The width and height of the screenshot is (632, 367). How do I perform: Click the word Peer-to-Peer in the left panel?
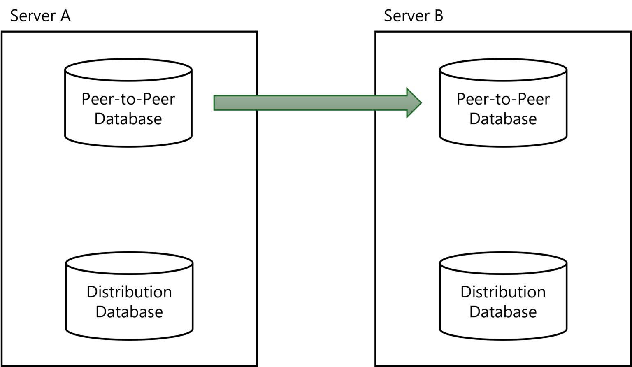click(128, 99)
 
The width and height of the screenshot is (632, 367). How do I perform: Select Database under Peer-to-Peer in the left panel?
click(128, 119)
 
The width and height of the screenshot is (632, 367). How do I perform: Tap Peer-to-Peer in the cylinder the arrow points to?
click(503, 99)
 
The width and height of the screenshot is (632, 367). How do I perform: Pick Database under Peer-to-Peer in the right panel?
click(503, 119)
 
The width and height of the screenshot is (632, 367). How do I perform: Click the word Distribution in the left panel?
click(129, 292)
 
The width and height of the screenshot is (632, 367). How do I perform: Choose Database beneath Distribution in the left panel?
click(129, 312)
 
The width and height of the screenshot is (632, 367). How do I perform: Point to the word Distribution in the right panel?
click(503, 292)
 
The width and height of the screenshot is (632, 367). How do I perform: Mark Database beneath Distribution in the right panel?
click(503, 312)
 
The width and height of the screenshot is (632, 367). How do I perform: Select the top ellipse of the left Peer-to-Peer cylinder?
click(128, 70)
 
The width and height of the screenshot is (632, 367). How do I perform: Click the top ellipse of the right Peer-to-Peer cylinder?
click(503, 70)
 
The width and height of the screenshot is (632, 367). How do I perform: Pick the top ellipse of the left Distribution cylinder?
click(129, 263)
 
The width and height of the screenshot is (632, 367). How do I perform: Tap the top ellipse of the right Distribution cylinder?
click(503, 263)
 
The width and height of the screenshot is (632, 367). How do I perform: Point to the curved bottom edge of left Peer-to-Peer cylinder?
click(128, 146)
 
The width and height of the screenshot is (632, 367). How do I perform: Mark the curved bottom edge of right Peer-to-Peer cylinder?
click(503, 146)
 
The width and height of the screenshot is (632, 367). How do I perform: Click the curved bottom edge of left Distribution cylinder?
click(129, 339)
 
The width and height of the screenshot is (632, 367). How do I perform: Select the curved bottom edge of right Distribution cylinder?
click(503, 339)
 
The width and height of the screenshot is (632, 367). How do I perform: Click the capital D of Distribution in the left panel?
click(91, 292)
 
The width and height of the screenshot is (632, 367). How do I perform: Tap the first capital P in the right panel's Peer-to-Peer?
click(460, 99)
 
